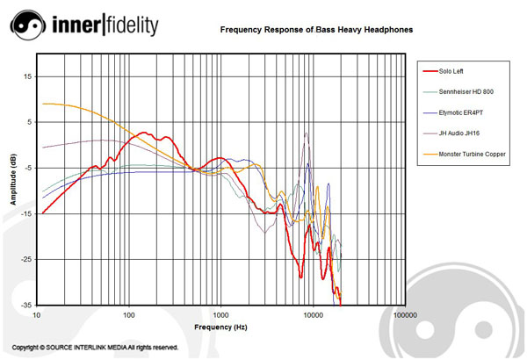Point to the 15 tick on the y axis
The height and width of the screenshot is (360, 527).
tap(27, 76)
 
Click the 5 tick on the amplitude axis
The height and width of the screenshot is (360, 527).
tap(29, 122)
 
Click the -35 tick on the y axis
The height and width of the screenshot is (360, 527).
tap(26, 305)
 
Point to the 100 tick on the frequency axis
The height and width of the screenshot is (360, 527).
tap(129, 314)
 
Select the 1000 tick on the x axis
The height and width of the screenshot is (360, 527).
tap(220, 314)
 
